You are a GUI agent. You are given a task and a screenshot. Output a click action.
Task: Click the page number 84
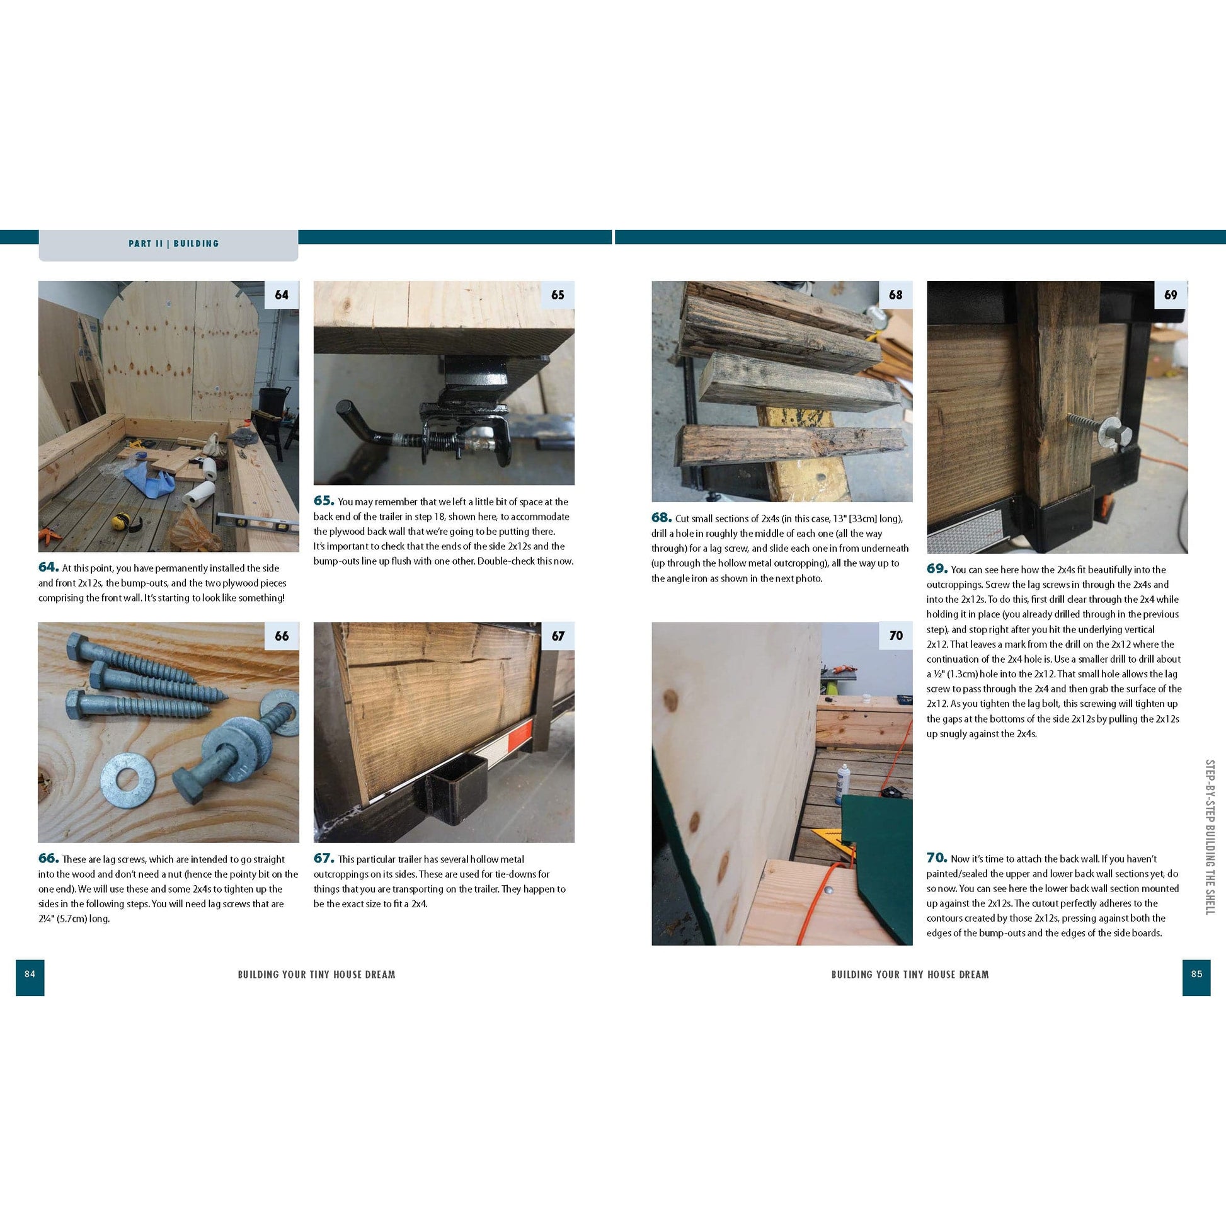[x=30, y=973]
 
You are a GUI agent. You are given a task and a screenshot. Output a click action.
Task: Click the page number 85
[x=1196, y=973]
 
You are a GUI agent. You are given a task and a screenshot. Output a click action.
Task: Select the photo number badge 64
[x=281, y=295]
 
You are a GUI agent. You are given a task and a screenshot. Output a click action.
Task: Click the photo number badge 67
[x=557, y=636]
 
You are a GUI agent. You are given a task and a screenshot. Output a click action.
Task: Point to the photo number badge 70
[x=895, y=636]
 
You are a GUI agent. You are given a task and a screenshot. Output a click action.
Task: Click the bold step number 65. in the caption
[x=324, y=501]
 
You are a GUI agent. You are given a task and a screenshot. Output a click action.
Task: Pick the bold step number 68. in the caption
[x=662, y=517]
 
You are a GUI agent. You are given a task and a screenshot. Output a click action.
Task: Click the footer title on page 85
[x=910, y=974]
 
